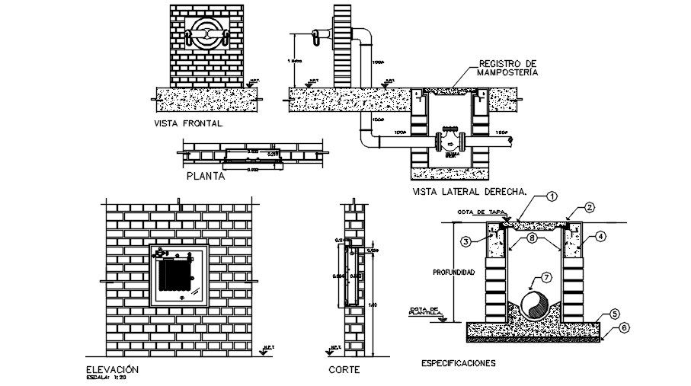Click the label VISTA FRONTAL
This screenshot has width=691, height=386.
coord(188,123)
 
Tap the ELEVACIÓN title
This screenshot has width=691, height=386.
coord(114,368)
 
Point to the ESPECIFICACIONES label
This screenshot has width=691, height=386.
coord(458,363)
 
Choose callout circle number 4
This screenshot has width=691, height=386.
coord(601,237)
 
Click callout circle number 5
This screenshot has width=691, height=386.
coord(614,313)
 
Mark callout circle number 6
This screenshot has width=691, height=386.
coord(625,327)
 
